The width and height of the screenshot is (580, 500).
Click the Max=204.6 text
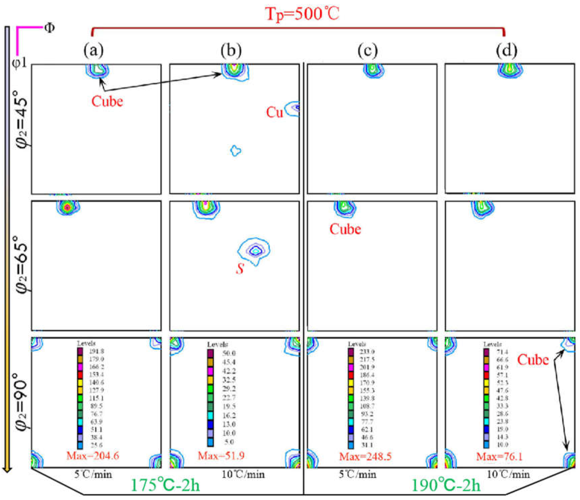pos(93,455)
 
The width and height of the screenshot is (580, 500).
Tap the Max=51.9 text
pos(221,455)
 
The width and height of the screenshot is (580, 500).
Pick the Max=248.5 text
pos(365,456)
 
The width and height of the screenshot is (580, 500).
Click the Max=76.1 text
pos(499,456)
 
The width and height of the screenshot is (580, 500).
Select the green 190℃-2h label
pos(447,485)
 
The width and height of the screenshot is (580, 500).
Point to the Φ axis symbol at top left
pos(49,28)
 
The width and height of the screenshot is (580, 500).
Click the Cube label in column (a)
pos(107,101)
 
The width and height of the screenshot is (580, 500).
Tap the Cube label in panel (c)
pos(345,229)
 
